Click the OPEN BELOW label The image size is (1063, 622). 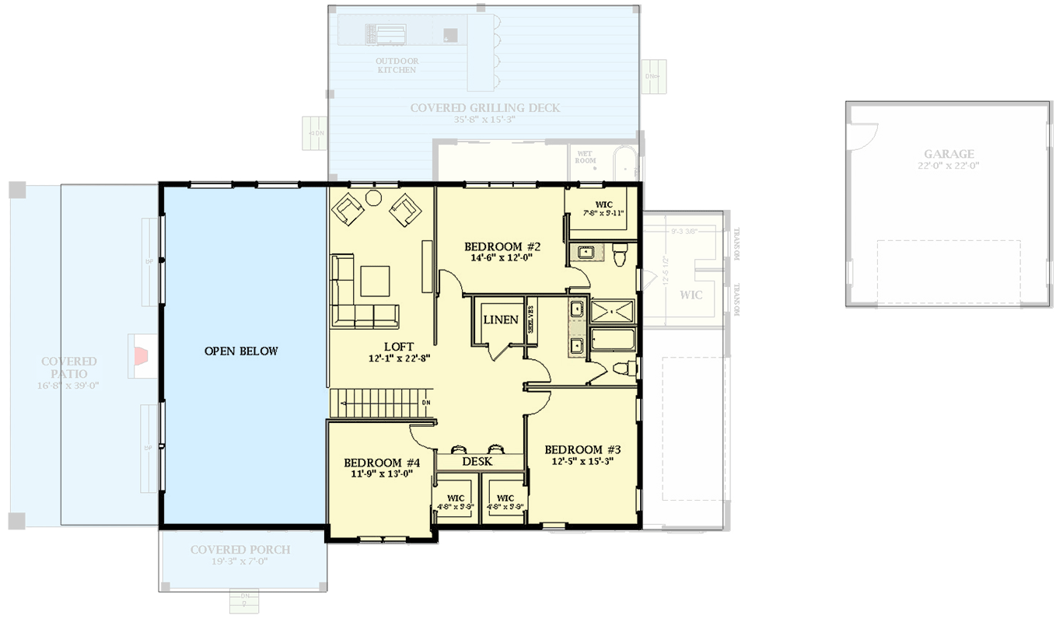pyautogui.click(x=240, y=351)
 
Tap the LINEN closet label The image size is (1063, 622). pyautogui.click(x=500, y=320)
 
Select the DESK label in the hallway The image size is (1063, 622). pyautogui.click(x=477, y=462)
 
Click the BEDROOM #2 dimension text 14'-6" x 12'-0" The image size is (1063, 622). pyautogui.click(x=502, y=259)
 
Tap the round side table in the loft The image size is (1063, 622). pyautogui.click(x=374, y=197)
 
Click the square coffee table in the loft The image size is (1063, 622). pyautogui.click(x=375, y=281)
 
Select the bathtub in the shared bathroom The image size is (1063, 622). pyautogui.click(x=613, y=340)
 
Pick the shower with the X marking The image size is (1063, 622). pyautogui.click(x=613, y=311)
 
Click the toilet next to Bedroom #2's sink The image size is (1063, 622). pyautogui.click(x=620, y=254)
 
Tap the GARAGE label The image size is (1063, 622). pyautogui.click(x=949, y=154)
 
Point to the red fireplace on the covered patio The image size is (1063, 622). pyautogui.click(x=141, y=355)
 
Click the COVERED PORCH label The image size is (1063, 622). pyautogui.click(x=240, y=550)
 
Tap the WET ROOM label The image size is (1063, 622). pyautogui.click(x=585, y=157)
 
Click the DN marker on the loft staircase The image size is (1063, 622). pyautogui.click(x=425, y=402)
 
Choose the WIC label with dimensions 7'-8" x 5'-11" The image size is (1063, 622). pyautogui.click(x=604, y=204)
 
